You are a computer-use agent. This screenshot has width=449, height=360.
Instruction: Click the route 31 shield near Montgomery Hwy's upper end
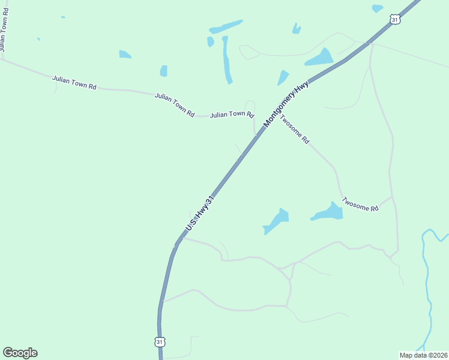394,20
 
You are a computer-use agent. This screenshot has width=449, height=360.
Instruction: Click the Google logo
20,353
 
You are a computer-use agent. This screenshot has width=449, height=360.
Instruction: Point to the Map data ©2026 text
423,355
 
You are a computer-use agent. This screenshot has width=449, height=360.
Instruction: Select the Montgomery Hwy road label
286,104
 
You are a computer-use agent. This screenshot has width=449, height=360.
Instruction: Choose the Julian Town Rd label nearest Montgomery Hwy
232,114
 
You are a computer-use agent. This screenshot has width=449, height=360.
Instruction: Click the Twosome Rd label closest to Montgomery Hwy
295,130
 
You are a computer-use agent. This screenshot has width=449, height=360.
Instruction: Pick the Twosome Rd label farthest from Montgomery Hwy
361,204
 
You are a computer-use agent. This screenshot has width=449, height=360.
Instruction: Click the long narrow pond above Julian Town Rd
226,60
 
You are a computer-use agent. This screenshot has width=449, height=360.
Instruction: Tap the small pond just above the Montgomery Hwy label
283,77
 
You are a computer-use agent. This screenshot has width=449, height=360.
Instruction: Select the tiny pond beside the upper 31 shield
377,8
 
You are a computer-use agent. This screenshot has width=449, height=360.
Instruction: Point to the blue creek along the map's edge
428,282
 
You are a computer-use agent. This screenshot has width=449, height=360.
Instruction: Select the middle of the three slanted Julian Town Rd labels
175,104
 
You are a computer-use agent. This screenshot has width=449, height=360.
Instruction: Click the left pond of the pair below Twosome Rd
277,221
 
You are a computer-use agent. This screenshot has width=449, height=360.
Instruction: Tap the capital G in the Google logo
8,353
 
